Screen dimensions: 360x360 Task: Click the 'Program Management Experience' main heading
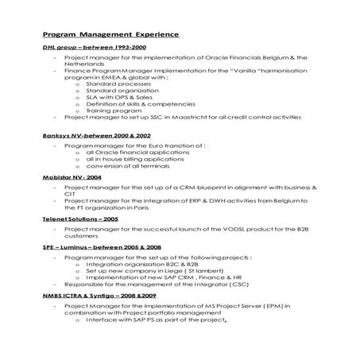(x=110, y=35)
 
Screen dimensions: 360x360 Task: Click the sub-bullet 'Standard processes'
(x=114, y=83)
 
